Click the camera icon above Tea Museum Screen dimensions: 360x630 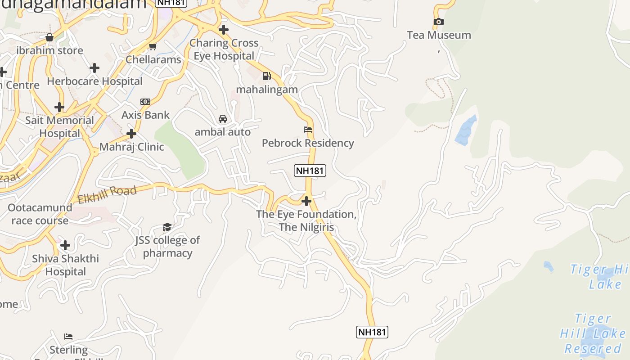tap(438, 22)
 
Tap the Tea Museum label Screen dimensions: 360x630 tap(439, 35)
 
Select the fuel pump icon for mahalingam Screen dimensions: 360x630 tap(267, 76)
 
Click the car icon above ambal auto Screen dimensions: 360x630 tap(222, 119)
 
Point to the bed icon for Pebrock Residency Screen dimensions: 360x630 tap(308, 130)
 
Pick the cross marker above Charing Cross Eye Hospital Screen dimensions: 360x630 tap(223, 30)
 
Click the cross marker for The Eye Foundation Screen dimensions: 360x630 tap(306, 201)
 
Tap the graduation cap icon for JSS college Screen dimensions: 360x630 tap(167, 227)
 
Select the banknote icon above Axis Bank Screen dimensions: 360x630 tap(145, 102)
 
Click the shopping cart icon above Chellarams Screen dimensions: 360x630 tap(153, 46)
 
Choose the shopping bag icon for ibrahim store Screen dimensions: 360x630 tap(49, 37)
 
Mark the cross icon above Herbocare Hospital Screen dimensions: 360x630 tap(94, 68)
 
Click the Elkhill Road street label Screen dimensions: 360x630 tap(107, 195)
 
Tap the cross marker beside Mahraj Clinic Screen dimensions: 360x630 tap(131, 134)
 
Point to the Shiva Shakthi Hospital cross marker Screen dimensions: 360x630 tap(65, 245)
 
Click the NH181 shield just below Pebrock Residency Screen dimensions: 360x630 tap(310, 171)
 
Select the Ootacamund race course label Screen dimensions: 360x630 tap(40, 214)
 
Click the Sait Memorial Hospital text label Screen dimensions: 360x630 tap(59, 127)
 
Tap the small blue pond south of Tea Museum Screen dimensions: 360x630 tap(466, 130)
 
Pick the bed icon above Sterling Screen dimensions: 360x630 tap(68, 337)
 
